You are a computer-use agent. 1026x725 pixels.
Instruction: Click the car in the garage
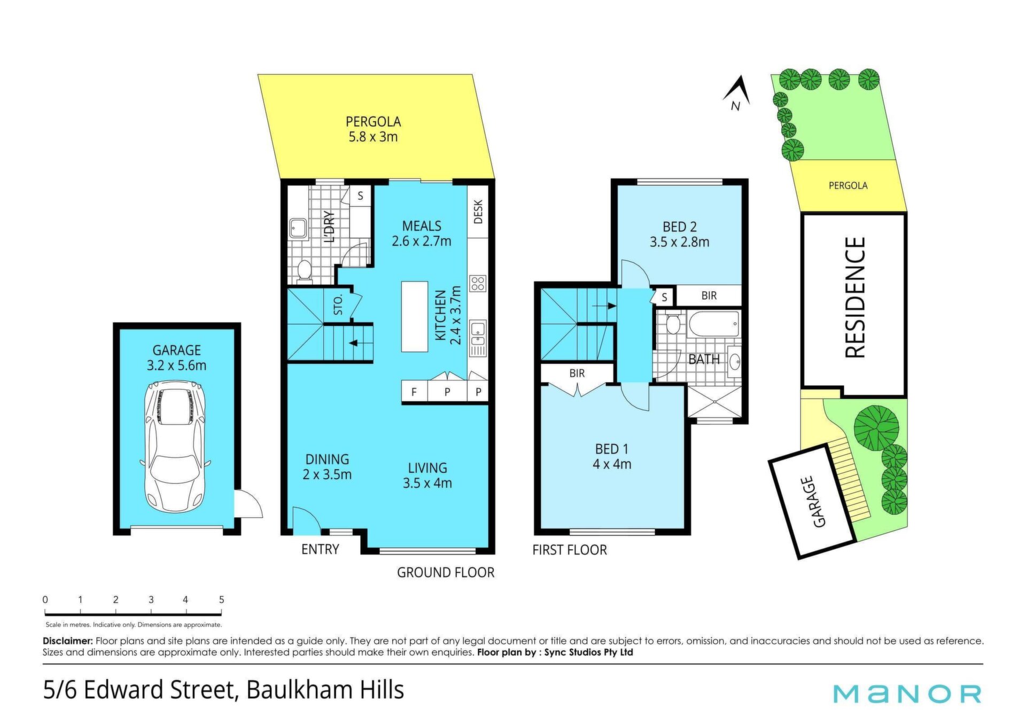coord(175,446)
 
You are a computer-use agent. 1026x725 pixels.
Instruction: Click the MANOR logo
coord(907,693)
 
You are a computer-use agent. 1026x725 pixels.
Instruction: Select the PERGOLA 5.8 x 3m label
coord(373,129)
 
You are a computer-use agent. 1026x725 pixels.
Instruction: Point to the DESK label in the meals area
coord(478,212)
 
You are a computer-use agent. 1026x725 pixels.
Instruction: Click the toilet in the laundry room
coord(304,270)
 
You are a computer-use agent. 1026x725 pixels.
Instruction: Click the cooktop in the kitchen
coord(478,283)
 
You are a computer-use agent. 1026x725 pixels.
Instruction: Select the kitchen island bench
coord(415,316)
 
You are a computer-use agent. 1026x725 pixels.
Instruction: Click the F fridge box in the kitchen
coord(414,392)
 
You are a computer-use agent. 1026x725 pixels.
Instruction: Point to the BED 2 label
coord(679,227)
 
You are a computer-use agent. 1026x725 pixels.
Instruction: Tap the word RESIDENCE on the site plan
coord(854,298)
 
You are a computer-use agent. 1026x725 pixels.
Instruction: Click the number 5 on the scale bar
coord(221,599)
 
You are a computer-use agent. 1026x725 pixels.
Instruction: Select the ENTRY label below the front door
coord(320,549)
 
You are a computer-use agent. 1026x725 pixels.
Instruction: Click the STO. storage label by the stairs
coord(338,305)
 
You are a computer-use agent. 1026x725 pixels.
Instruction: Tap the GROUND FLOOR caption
coord(446,573)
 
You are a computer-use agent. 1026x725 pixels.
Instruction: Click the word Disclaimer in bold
coord(68,641)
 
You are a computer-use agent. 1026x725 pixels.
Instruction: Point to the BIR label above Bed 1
coord(577,373)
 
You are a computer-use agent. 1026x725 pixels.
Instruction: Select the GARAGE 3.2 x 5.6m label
coord(176,358)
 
